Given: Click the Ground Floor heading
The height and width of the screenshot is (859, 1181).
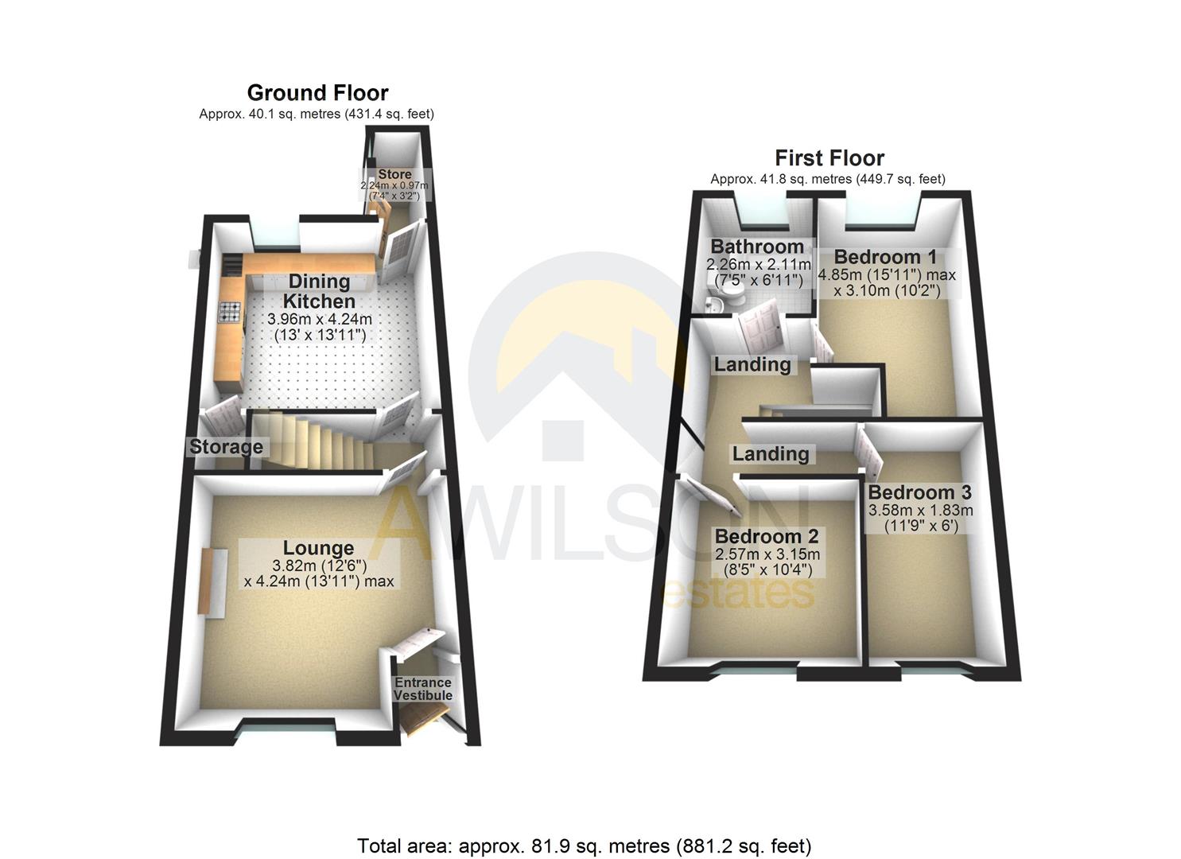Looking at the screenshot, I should pos(317,93).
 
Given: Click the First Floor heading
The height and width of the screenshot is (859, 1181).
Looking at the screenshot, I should pos(829,157).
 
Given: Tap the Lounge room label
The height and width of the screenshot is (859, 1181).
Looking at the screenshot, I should pos(318,548).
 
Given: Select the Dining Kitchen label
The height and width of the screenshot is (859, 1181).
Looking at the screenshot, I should pos(319,291).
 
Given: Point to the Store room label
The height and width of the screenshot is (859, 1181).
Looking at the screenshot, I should pos(394,174).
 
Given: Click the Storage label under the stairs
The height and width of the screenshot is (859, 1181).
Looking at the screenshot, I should pos(226,447).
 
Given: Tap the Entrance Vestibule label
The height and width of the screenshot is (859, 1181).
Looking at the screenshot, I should pos(423,689).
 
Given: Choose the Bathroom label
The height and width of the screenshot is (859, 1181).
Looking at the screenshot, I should pos(757,247).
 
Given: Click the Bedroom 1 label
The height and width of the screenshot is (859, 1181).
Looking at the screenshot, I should pos(885,257).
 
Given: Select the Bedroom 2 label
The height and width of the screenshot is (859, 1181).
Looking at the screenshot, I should pos(767,536).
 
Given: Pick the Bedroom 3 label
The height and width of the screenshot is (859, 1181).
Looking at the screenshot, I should pos(919,493).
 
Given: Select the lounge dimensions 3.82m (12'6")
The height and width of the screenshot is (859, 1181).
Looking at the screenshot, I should pos(319,566).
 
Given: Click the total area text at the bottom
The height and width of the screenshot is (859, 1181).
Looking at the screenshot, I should pos(584,845).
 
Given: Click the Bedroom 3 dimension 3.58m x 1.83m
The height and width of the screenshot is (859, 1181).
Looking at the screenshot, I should pos(920,511).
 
